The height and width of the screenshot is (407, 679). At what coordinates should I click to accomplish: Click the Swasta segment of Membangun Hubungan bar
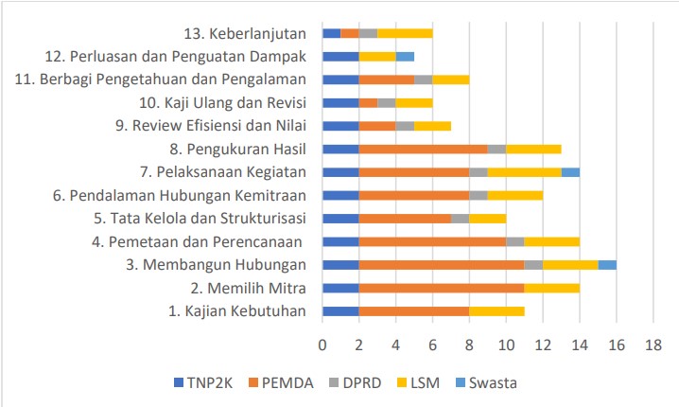tap(607, 264)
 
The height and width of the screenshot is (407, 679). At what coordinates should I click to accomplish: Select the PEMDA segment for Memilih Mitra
tap(442, 288)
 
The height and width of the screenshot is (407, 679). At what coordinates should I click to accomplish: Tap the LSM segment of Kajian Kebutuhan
tap(496, 310)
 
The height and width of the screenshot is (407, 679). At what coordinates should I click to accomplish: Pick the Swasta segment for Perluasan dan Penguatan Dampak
tap(405, 56)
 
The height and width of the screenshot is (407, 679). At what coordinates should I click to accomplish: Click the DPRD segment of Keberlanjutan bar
tap(368, 33)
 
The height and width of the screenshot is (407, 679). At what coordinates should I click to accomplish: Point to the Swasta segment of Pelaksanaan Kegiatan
tap(570, 171)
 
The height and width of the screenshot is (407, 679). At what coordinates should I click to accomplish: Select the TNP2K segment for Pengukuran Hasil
tap(340, 149)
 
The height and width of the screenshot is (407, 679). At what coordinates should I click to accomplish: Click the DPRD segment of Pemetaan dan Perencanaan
tap(515, 241)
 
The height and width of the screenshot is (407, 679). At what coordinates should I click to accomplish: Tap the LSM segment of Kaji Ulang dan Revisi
tap(414, 102)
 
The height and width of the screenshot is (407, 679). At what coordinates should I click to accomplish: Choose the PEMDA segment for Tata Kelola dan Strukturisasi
tap(405, 218)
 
